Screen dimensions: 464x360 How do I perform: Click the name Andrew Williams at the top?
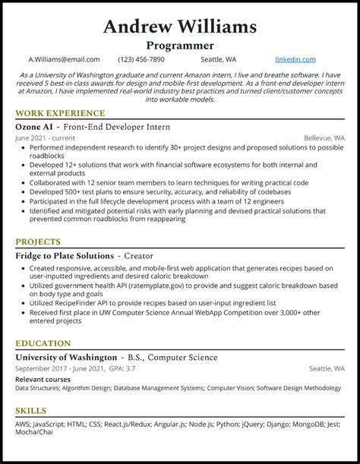[x=180, y=28]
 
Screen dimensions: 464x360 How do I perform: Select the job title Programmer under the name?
[x=180, y=46]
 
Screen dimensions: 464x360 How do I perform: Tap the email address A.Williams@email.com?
[x=64, y=59]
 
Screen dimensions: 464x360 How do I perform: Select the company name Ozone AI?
[x=36, y=127]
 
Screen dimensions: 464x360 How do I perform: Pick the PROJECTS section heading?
[x=37, y=242]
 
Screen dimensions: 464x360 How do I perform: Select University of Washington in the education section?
[x=65, y=357]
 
